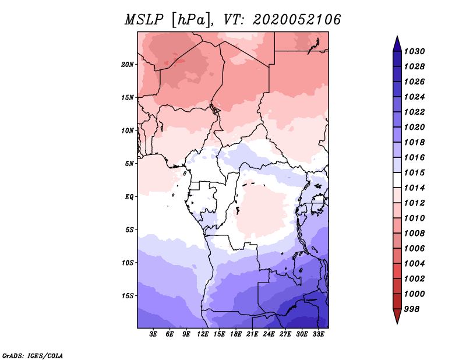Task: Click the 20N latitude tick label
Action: (128, 65)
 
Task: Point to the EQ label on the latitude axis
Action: (129, 197)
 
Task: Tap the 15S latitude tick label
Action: (128, 296)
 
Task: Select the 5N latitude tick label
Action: (129, 164)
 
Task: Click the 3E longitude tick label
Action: (153, 334)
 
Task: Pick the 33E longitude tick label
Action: (318, 334)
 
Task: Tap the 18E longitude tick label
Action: (236, 334)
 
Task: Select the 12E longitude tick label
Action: (203, 334)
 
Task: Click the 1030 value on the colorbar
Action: (414, 51)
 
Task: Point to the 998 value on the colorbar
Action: (412, 309)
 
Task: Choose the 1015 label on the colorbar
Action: (414, 172)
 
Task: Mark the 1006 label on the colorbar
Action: (414, 249)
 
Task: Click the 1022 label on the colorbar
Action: (414, 112)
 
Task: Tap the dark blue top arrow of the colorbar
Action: (397, 45)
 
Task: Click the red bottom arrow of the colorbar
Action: (397, 316)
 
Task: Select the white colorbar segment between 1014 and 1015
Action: (397, 180)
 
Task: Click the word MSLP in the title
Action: (144, 20)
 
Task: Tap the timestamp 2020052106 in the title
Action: (297, 20)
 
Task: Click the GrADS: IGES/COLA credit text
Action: (33, 355)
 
